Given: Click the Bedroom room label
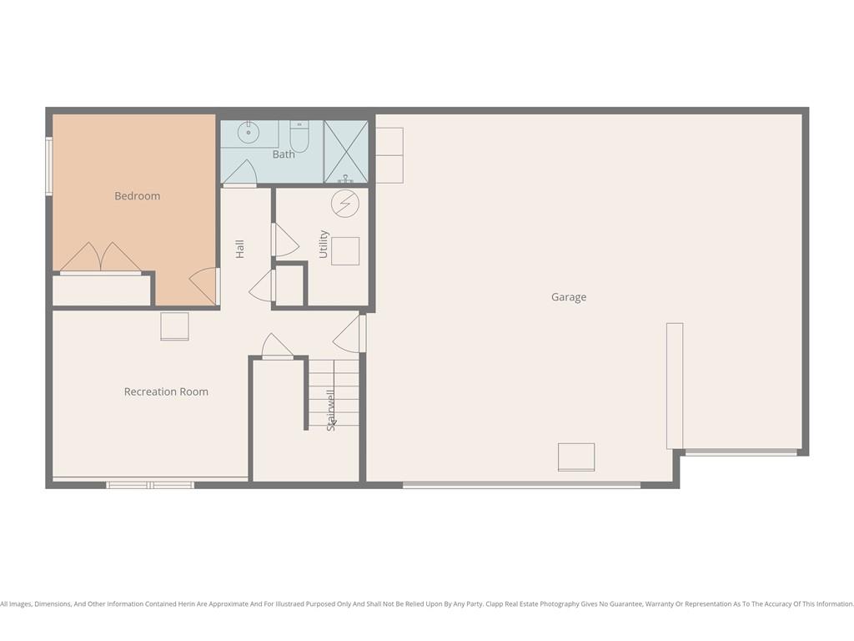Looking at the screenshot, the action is point(138,196).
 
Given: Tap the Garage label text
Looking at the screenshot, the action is point(569,297).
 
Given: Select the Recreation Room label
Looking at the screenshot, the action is point(166,392).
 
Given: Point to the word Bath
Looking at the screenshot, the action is point(284,154).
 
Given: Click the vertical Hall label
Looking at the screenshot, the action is point(239,249).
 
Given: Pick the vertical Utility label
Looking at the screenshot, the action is point(324,245).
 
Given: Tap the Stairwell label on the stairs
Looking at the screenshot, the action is point(330,411).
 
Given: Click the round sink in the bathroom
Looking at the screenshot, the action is point(249,133).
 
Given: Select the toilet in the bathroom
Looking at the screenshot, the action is point(299,137).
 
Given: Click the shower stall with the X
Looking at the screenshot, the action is point(346,152).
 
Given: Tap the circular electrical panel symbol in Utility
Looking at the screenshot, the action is point(345,204).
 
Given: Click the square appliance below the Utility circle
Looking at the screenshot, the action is point(345,251).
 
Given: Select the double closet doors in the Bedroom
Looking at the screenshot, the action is point(101,257).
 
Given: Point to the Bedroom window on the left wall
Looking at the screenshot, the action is point(48,166).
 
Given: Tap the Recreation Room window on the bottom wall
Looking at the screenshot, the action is point(150,485).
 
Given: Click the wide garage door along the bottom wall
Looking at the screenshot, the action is point(522,485).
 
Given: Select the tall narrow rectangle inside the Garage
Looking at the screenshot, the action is point(675,386).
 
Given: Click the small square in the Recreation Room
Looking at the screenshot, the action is point(175,326).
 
